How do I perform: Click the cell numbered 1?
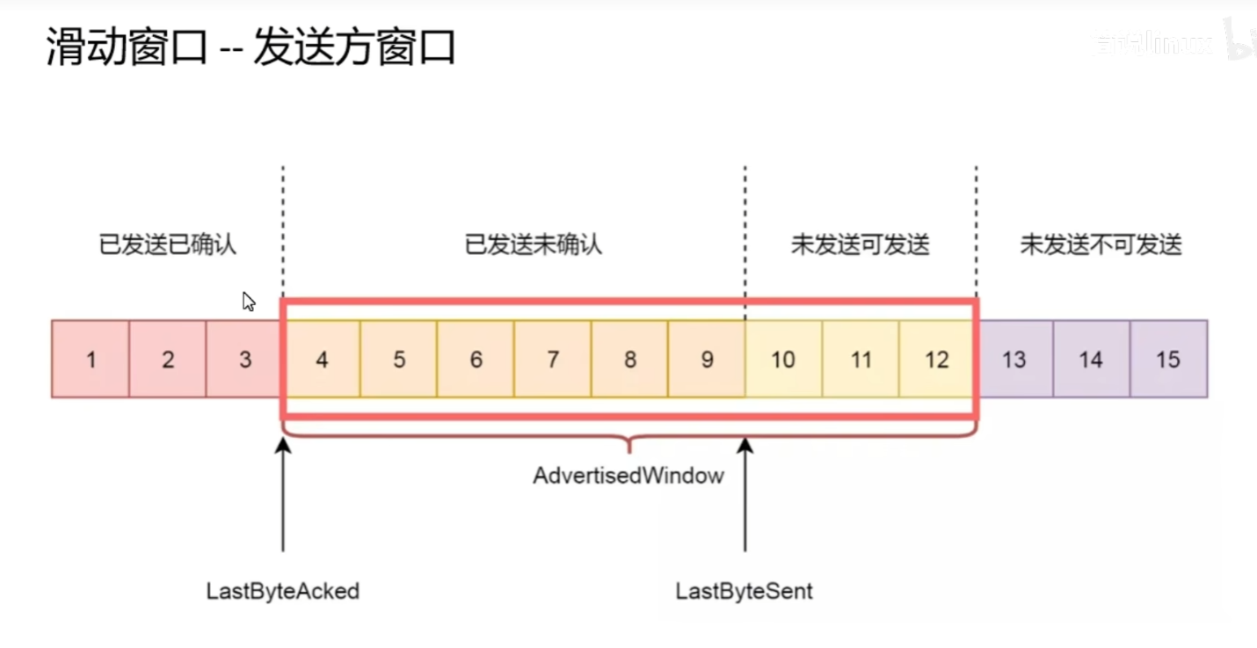tap(91, 359)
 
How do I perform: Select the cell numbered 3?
tap(244, 359)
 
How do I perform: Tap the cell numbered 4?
tap(322, 359)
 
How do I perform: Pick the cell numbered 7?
tap(553, 359)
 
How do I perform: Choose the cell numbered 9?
tap(707, 359)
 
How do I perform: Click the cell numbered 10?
tap(783, 359)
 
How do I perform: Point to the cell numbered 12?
tap(937, 359)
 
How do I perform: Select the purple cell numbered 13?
tap(1014, 359)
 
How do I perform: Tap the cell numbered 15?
tap(1168, 359)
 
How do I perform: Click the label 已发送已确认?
tap(168, 244)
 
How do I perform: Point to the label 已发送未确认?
tap(534, 244)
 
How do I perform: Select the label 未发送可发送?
tap(861, 244)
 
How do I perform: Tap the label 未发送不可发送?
tap(1101, 244)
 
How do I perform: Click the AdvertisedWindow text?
tap(628, 476)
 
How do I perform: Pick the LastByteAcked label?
tap(283, 591)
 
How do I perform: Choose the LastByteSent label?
tap(745, 591)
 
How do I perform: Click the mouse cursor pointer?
tap(249, 302)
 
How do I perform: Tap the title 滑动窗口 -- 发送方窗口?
tap(251, 49)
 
